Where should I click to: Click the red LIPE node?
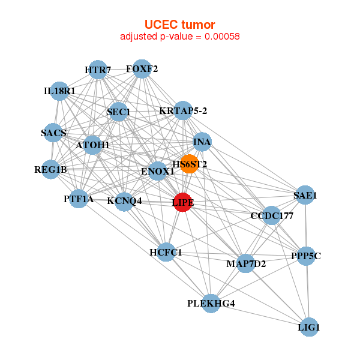[183, 202]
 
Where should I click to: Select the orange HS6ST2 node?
[190, 164]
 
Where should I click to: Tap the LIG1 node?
[308, 327]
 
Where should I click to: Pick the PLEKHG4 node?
[211, 304]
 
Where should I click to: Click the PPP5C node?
[306, 256]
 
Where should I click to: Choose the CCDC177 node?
[271, 216]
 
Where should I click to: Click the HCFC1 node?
[166, 253]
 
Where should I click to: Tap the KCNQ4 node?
[124, 201]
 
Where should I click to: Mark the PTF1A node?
[79, 199]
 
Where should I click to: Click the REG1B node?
[51, 170]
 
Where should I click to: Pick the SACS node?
[54, 133]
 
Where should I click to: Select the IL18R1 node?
[59, 91]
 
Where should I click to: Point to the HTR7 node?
[98, 70]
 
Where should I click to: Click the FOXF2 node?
[142, 69]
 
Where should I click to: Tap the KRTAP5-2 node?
[183, 110]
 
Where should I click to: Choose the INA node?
[202, 142]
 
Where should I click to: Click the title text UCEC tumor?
[180, 24]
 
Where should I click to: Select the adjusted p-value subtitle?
[180, 37]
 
